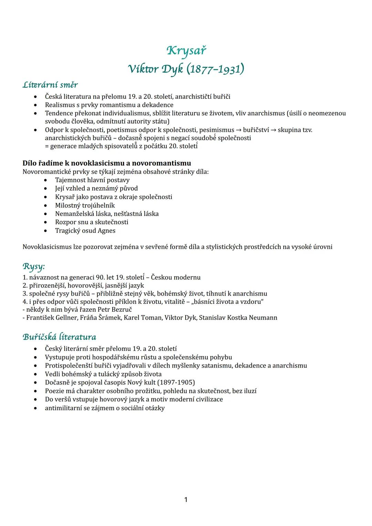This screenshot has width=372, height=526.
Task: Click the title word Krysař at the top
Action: pyautogui.click(x=186, y=51)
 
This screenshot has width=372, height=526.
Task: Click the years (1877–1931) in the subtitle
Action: pyautogui.click(x=215, y=69)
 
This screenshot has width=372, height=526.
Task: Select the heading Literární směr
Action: pyautogui.click(x=50, y=84)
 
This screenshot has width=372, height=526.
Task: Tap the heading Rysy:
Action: pyautogui.click(x=34, y=266)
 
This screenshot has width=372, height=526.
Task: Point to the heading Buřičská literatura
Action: pyautogui.click(x=60, y=337)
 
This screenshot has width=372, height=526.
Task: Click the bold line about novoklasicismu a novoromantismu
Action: pyautogui.click(x=107, y=163)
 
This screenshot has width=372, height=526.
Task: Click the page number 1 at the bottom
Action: pyautogui.click(x=186, y=499)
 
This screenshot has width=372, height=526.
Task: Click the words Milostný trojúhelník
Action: pyautogui.click(x=85, y=205)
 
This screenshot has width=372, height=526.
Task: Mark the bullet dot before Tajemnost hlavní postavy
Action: pyautogui.click(x=46, y=180)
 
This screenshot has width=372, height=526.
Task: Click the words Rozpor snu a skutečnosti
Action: pyautogui.click(x=92, y=222)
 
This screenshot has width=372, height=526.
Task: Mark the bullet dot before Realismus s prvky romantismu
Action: pyautogui.click(x=36, y=105)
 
